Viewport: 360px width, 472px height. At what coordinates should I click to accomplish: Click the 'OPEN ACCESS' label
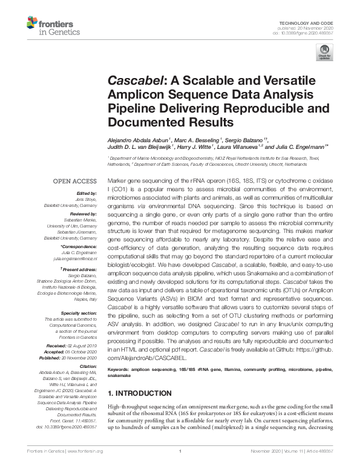click(x=75, y=181)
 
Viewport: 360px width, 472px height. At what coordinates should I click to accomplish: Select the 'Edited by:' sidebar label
click(x=85, y=193)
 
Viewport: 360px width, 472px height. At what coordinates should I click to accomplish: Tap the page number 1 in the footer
click(x=180, y=468)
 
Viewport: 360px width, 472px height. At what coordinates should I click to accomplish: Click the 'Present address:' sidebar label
click(x=79, y=267)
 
